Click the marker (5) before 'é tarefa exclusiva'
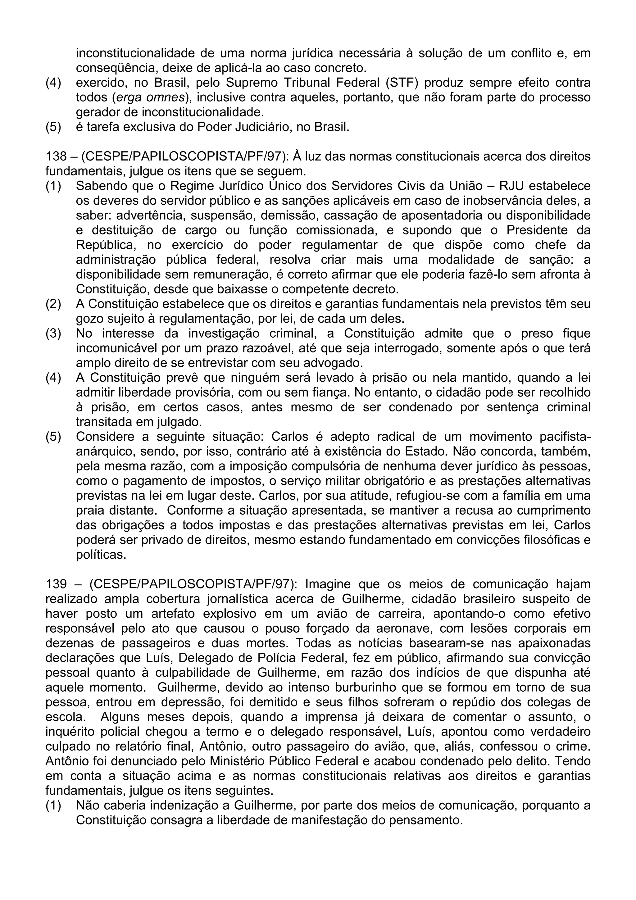click(x=54, y=127)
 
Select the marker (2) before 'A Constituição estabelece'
click(x=54, y=304)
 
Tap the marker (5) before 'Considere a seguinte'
click(x=54, y=437)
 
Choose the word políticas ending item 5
click(x=101, y=555)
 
